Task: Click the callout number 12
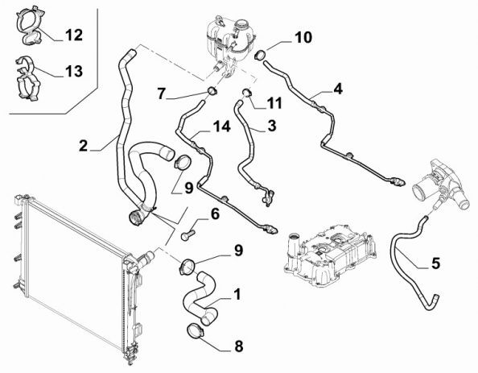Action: click(73, 35)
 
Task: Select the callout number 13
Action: click(73, 71)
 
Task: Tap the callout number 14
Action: click(221, 126)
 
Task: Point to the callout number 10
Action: click(303, 38)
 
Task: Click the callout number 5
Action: click(436, 263)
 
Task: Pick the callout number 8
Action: click(238, 346)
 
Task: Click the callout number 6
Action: click(215, 214)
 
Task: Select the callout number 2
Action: click(83, 146)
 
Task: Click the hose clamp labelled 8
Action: click(194, 331)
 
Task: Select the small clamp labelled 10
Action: click(260, 55)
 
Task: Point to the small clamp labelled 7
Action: click(212, 91)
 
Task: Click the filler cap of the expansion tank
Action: click(242, 24)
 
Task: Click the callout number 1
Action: click(237, 294)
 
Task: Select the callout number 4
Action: click(338, 89)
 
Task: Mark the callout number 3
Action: click(272, 126)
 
